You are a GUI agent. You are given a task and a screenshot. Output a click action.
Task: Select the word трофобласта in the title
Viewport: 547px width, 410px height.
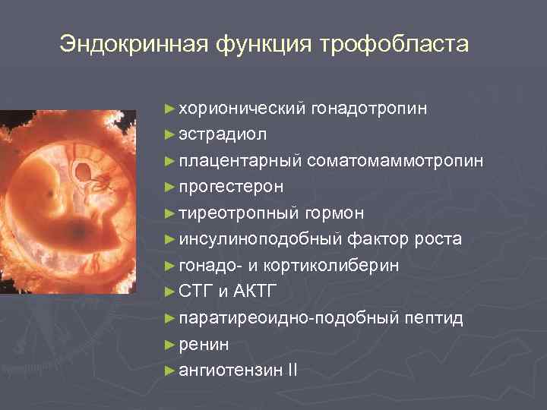(395, 44)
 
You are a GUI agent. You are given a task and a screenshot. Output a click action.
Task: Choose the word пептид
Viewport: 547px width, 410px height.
(434, 318)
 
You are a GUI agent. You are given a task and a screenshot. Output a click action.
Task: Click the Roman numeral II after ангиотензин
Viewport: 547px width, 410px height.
(292, 371)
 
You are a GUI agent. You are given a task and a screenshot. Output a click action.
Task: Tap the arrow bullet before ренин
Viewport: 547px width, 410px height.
(169, 345)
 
